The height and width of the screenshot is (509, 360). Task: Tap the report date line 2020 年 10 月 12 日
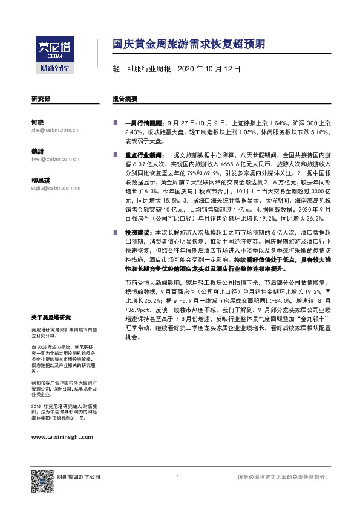(209, 70)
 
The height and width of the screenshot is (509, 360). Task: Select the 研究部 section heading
(41, 98)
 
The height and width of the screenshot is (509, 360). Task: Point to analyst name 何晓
(37, 122)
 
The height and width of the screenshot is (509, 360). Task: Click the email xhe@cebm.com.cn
(54, 129)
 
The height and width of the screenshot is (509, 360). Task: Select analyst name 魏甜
(37, 151)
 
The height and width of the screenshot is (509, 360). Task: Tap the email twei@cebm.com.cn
(55, 158)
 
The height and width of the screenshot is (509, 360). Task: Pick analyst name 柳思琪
(40, 180)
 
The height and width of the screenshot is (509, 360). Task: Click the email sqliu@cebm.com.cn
(56, 188)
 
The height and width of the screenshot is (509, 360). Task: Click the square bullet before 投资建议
(115, 232)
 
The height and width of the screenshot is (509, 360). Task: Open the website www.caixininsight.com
(62, 436)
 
